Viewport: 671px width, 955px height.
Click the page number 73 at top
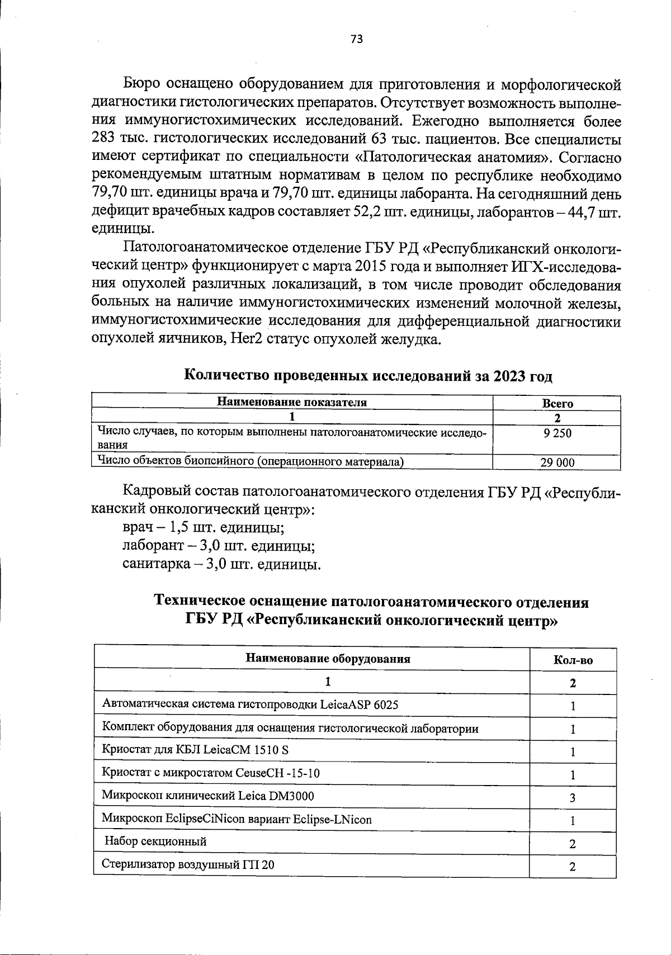click(x=357, y=39)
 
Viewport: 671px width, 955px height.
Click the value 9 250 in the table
click(x=557, y=433)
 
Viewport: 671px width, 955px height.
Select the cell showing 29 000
click(x=557, y=462)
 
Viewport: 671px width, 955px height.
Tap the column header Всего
click(x=557, y=403)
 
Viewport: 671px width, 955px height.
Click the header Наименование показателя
click(x=292, y=402)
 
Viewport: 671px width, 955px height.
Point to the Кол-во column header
click(x=573, y=660)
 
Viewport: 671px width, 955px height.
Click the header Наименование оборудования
click(x=328, y=658)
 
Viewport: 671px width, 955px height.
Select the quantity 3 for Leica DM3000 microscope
click(x=573, y=798)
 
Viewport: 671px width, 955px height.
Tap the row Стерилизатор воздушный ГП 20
click(x=188, y=864)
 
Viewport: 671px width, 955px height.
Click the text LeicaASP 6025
click(x=359, y=705)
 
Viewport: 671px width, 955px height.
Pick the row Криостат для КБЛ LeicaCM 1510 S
click(x=195, y=750)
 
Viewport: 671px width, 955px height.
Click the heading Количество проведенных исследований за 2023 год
click(x=368, y=376)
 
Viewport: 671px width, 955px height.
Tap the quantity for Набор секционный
click(x=573, y=844)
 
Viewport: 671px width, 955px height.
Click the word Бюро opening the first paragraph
click(x=142, y=84)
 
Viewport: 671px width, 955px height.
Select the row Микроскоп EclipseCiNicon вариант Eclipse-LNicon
click(x=237, y=819)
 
